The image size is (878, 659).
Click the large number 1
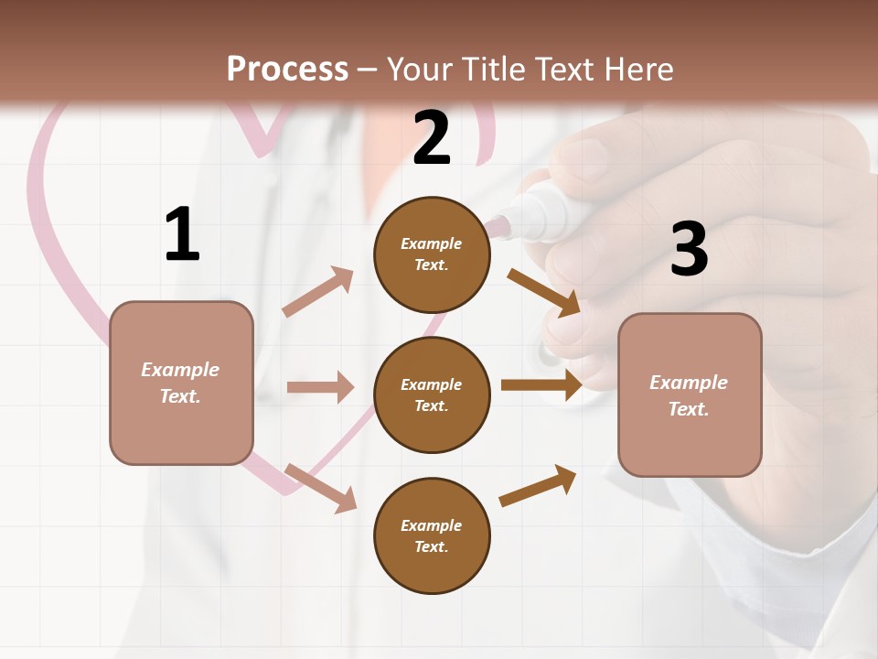[x=182, y=234]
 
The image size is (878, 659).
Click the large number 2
[x=432, y=138]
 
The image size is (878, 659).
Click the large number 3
[x=689, y=249]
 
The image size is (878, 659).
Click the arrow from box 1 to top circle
[x=318, y=292]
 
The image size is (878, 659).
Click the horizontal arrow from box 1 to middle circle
[x=320, y=387]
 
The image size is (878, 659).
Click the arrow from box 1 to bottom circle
[x=320, y=487]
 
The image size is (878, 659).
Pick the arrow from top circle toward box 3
[x=543, y=292]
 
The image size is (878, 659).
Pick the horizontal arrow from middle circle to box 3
[x=541, y=384]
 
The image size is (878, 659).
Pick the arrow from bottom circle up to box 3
[x=539, y=485]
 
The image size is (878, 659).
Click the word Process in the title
[x=287, y=69]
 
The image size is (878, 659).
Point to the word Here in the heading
[x=637, y=69]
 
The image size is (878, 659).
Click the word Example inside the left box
[x=180, y=370]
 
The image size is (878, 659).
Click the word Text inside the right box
[x=689, y=409]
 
